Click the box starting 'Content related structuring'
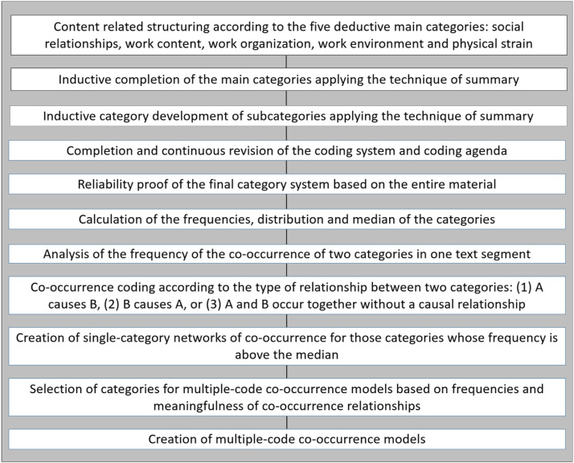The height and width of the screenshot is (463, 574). [287, 34]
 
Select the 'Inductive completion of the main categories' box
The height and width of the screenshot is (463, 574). [287, 80]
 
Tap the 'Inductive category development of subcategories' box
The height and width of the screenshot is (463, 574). [287, 116]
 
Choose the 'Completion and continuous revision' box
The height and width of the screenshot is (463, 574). [287, 150]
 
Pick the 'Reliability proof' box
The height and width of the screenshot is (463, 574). [287, 185]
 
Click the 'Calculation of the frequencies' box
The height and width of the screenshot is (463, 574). [287, 219]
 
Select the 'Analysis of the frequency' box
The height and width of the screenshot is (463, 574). [287, 254]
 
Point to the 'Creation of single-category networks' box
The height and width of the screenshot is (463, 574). [287, 346]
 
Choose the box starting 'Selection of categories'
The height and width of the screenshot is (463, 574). [287, 397]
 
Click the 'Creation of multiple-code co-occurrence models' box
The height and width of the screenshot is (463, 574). [287, 440]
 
